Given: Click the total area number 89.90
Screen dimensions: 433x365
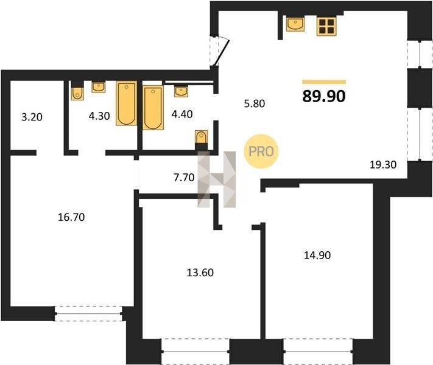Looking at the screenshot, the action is [324, 96].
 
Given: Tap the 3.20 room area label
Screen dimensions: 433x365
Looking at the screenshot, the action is [32, 117].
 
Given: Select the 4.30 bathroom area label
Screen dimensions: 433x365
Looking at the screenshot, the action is [99, 116].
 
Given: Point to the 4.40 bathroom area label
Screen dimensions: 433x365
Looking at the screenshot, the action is [182, 114].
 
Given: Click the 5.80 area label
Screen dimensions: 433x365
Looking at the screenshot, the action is [255, 103].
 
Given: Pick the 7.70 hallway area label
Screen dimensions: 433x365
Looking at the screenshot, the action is [184, 178].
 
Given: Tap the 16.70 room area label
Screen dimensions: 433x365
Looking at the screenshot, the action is [71, 217].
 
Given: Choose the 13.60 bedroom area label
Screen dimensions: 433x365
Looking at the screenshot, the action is [200, 273].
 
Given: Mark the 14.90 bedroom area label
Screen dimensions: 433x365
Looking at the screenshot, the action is [317, 255].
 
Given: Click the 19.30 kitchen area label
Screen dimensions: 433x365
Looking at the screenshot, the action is [383, 165].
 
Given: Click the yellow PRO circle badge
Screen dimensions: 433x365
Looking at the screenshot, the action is [261, 151].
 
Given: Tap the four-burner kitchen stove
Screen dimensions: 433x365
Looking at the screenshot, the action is [326, 26].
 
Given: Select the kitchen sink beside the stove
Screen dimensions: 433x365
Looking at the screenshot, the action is [295, 24].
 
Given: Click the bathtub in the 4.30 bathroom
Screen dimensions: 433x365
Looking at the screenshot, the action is [127, 103].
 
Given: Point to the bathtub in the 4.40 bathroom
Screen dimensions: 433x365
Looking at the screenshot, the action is [153, 108].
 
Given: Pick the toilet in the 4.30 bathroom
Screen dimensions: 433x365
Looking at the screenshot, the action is [77, 91].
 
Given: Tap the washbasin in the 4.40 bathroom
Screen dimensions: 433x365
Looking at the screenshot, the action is [181, 91].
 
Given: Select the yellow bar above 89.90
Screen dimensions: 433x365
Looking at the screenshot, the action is [324, 82].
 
